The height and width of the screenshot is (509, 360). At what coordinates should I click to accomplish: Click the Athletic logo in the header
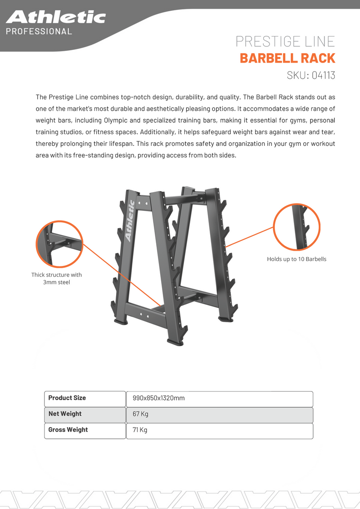(x=56, y=18)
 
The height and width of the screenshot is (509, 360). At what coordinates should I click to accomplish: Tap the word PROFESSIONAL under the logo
(x=39, y=32)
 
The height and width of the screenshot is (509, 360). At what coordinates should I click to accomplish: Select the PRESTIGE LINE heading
(x=285, y=41)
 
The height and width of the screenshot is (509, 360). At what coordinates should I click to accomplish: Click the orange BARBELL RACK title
(x=287, y=59)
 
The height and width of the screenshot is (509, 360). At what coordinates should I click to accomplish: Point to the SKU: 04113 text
(x=311, y=75)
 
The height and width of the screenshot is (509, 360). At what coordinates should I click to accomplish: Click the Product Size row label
(x=67, y=398)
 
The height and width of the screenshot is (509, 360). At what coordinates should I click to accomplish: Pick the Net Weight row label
(x=65, y=414)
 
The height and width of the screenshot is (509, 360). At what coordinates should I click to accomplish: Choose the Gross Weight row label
(x=68, y=430)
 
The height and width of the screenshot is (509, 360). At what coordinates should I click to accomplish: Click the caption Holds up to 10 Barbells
(x=297, y=259)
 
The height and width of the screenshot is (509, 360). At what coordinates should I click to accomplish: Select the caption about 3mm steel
(x=57, y=279)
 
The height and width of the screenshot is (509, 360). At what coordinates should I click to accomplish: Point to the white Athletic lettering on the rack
(x=130, y=221)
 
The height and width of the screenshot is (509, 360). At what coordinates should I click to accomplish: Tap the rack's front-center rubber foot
(x=175, y=342)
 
